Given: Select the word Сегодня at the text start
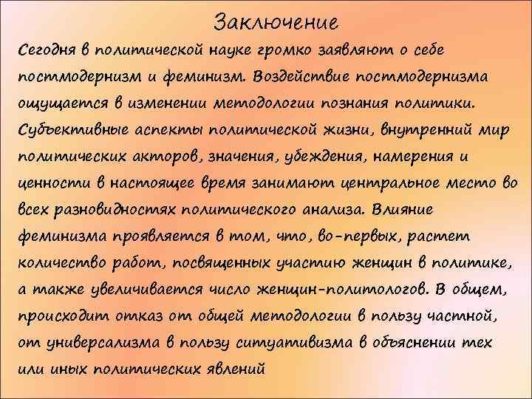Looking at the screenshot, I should coord(42,50).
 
